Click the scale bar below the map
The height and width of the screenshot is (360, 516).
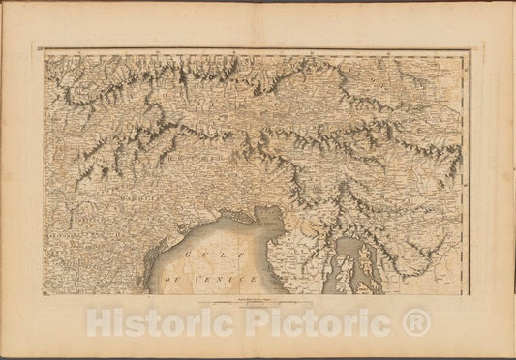click(x=257, y=305)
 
